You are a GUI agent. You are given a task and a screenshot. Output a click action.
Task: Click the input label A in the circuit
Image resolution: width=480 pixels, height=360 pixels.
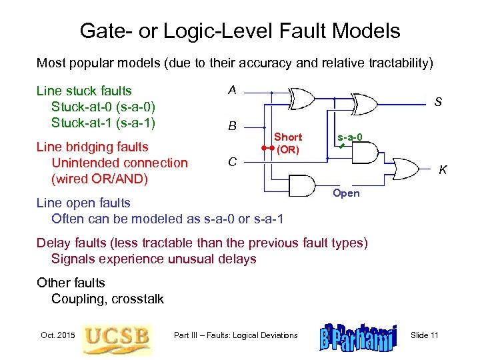click(x=231, y=90)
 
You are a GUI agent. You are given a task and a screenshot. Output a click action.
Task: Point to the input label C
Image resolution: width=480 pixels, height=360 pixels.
click(x=231, y=161)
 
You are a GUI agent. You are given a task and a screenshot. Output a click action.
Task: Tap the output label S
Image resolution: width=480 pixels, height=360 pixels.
click(x=438, y=103)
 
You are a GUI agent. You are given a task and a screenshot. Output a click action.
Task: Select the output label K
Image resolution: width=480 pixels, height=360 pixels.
click(x=443, y=171)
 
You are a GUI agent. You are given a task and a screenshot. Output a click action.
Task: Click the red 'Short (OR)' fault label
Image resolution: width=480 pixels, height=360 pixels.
click(x=288, y=143)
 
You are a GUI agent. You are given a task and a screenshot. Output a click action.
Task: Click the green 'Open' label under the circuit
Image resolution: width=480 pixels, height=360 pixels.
click(x=345, y=193)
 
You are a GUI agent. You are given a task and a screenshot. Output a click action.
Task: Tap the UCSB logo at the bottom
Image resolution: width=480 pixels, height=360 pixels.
click(x=116, y=335)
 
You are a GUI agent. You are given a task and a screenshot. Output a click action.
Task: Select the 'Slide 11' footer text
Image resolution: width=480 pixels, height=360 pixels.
click(x=425, y=335)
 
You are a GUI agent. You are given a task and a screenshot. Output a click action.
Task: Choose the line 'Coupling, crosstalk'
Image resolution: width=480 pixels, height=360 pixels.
click(x=107, y=299)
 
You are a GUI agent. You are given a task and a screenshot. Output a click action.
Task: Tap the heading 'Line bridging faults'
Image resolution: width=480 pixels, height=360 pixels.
click(x=92, y=147)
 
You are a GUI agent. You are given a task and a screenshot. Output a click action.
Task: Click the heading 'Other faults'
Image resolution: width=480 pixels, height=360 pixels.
click(x=71, y=283)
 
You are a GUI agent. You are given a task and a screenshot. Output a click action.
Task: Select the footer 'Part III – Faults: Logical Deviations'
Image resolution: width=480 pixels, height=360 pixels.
click(x=235, y=335)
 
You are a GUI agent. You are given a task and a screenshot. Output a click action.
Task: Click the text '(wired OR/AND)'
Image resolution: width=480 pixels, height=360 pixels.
click(x=99, y=179)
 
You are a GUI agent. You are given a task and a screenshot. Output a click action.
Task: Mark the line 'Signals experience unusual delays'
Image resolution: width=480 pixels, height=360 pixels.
click(x=153, y=259)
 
